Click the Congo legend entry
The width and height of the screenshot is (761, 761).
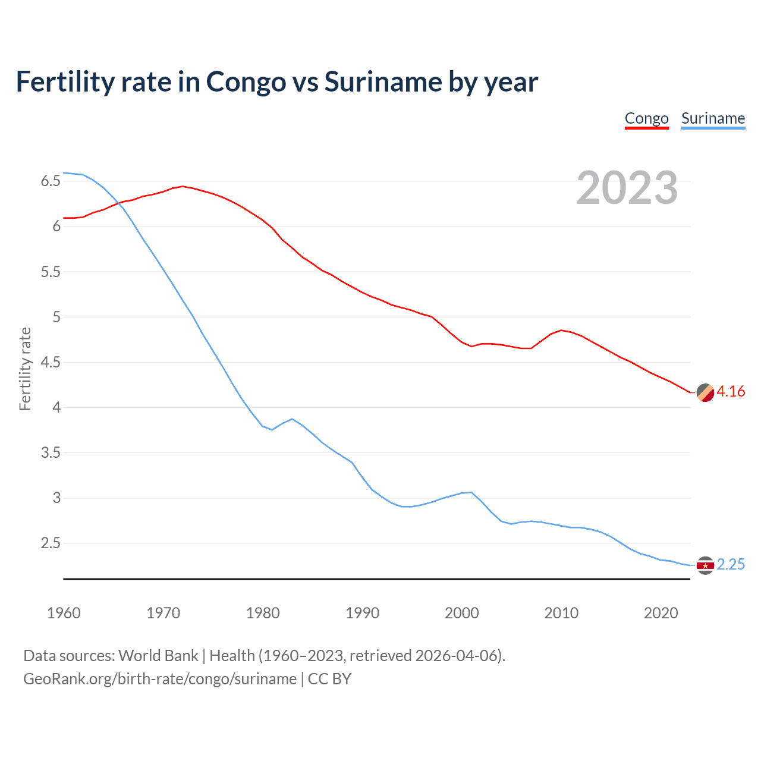pos(646,118)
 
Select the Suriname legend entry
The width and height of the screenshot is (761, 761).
pos(713,118)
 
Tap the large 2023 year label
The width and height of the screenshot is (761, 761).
pos(627,188)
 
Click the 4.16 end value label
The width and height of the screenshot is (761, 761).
pos(731,391)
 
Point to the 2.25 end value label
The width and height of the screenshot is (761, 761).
pos(731,564)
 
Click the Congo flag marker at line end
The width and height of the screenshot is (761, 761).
pos(705,393)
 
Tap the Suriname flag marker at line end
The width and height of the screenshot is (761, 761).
pos(705,565)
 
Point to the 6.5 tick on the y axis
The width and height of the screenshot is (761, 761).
pos(51,181)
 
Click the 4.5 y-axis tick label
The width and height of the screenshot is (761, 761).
pos(51,362)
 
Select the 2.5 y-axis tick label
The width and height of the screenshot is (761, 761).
pos(51,543)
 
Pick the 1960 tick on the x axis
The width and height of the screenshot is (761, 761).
pos(64,613)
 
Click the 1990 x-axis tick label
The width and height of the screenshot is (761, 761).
pos(362,613)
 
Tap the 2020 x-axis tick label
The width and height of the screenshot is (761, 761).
pos(661,613)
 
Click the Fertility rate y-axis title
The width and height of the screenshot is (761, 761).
pos(25,369)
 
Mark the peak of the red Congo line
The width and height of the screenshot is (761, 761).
pos(183,186)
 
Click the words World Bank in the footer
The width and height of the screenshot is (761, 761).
pos(158,656)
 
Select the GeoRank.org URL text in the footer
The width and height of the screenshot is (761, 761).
pos(159,679)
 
